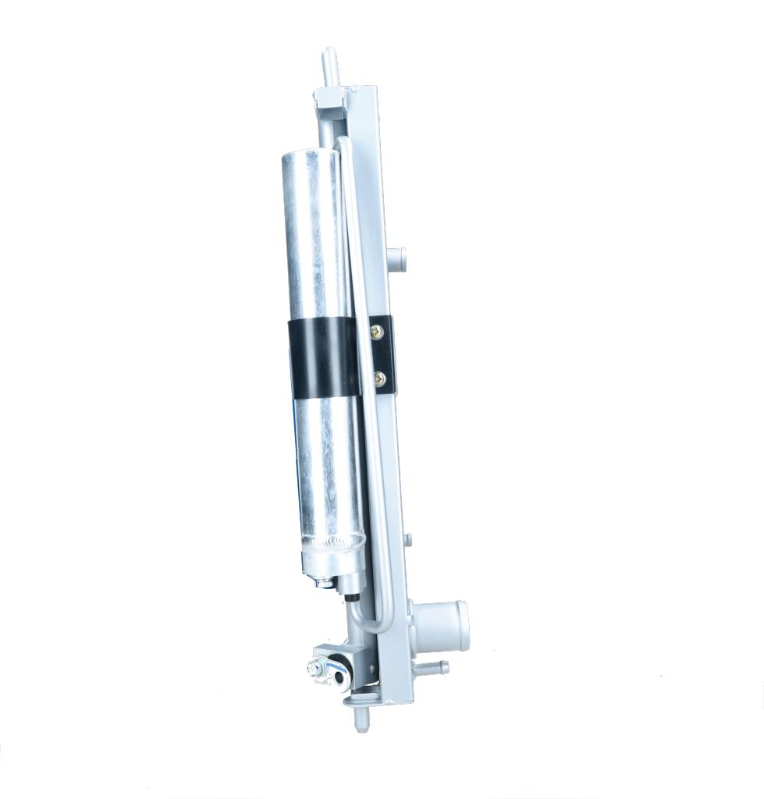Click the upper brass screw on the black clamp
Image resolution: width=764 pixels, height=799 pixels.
coord(378,332)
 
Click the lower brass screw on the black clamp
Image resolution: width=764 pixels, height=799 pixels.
coord(380,378)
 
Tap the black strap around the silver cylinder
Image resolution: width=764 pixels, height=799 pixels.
coord(324,357)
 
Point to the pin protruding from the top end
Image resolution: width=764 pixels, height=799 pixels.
coord(329,62)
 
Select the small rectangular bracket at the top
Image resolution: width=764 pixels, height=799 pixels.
coord(329,97)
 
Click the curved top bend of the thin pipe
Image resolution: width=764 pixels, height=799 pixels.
coord(344,141)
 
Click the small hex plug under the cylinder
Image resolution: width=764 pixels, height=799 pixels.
coord(322,581)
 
